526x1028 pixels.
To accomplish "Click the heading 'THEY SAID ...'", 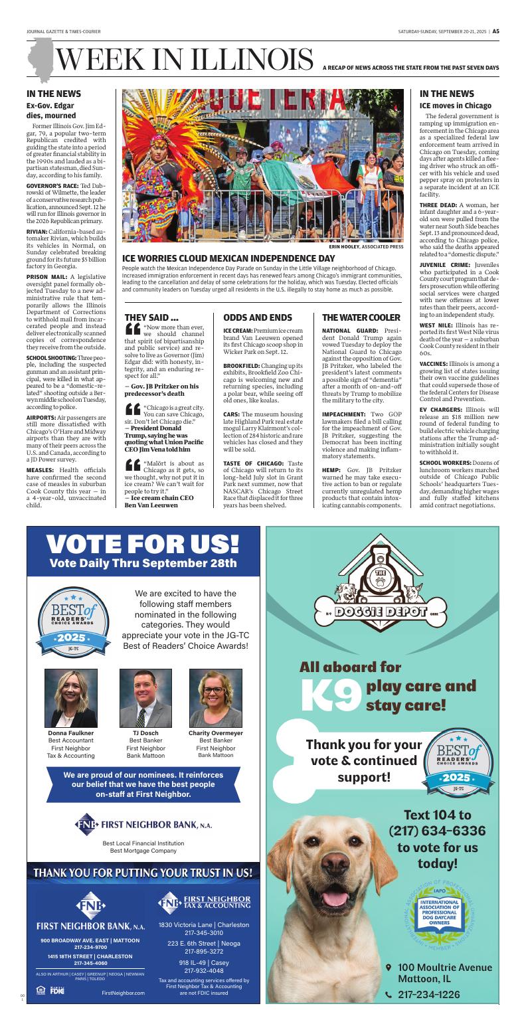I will (x=151, y=317).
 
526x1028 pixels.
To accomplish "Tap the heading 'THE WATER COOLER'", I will (x=361, y=317).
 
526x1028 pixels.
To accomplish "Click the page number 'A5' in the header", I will (x=495, y=31).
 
